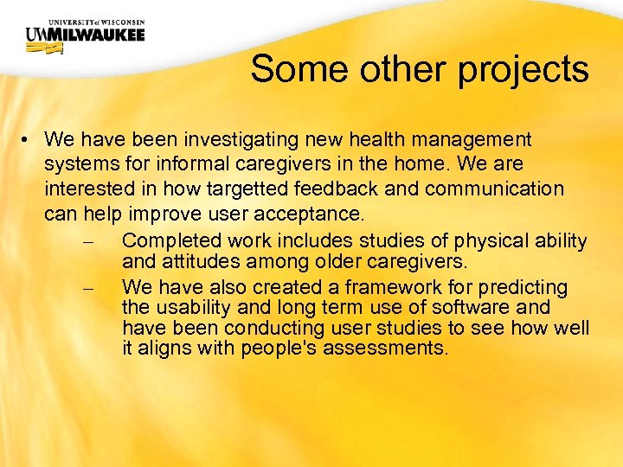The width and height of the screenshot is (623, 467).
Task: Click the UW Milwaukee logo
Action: [x=85, y=34]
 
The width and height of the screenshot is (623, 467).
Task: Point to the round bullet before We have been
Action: [x=29, y=139]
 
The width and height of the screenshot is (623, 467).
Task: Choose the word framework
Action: [x=382, y=287]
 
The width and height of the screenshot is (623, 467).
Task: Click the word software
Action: [x=466, y=307]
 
